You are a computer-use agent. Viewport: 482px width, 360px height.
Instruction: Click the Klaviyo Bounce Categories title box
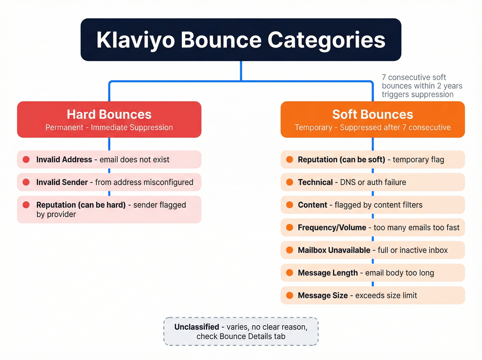(241, 40)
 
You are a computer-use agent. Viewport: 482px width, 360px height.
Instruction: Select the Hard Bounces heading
(109, 114)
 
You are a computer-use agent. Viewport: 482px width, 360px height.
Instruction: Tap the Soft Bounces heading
(373, 114)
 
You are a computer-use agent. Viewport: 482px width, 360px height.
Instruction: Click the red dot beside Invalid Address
(26, 160)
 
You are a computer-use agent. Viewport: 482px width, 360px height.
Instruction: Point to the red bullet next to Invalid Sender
(26, 182)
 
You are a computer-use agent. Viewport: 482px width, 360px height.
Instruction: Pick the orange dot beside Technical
(290, 182)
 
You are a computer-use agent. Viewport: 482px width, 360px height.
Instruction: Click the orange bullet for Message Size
(290, 295)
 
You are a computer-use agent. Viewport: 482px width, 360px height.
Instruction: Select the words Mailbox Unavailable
(334, 250)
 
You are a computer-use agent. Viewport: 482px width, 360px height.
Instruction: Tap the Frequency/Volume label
(332, 228)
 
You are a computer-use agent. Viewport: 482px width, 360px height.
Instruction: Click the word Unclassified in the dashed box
(197, 327)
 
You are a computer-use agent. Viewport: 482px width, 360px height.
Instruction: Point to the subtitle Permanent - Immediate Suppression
(109, 127)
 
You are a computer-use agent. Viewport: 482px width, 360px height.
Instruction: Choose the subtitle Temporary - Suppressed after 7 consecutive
(373, 127)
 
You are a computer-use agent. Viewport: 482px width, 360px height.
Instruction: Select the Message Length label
(328, 273)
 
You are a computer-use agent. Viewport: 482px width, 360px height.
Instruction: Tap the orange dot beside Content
(290, 205)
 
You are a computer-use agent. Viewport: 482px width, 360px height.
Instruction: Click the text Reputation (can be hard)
(81, 205)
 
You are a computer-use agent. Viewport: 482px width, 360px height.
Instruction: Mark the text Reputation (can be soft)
(341, 160)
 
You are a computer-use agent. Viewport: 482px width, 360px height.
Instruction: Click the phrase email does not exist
(134, 160)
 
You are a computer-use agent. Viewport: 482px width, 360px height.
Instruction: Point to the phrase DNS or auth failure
(373, 182)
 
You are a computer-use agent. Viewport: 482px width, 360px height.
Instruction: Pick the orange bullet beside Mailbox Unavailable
(290, 250)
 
